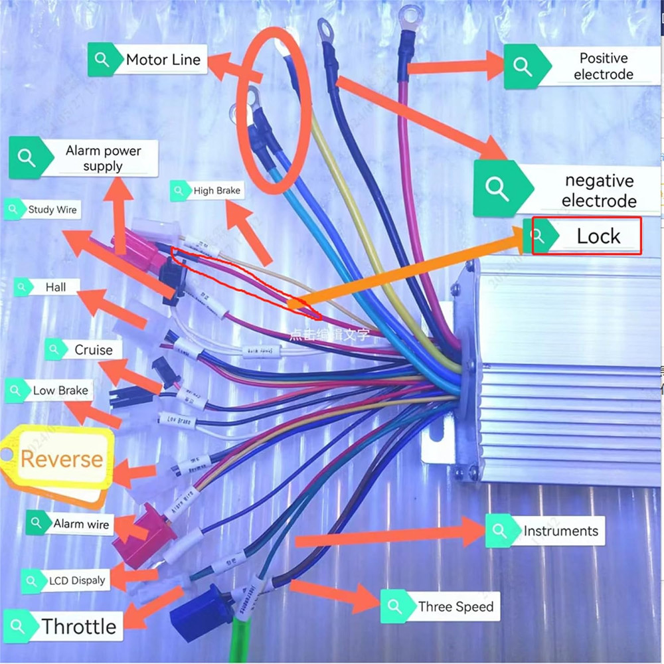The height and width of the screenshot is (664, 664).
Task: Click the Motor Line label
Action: point(163,60)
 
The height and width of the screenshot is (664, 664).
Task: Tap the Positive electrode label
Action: point(603,66)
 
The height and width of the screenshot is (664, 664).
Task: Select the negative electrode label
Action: point(599,191)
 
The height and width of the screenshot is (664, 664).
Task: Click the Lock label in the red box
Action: point(598,236)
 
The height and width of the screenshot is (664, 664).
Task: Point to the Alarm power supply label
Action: point(103,158)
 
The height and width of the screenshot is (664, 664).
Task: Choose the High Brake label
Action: point(216,191)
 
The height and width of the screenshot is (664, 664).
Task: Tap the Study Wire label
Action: point(52,210)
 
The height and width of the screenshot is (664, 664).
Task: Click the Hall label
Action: point(56,288)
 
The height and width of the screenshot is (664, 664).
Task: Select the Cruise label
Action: point(93,350)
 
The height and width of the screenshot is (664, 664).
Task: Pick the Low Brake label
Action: point(60,390)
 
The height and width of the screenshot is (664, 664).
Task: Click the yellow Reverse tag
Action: point(61,459)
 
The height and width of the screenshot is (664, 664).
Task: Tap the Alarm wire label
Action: point(80,524)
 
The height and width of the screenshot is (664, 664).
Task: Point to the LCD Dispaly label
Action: point(76,581)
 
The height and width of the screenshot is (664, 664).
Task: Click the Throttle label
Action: point(78,626)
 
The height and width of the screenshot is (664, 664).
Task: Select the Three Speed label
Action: point(456,607)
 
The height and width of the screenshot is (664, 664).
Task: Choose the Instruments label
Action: point(560,531)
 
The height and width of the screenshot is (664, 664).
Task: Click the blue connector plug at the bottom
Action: point(199,612)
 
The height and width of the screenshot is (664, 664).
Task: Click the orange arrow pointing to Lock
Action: point(412,266)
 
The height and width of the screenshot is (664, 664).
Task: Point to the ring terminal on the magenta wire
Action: point(410,14)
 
